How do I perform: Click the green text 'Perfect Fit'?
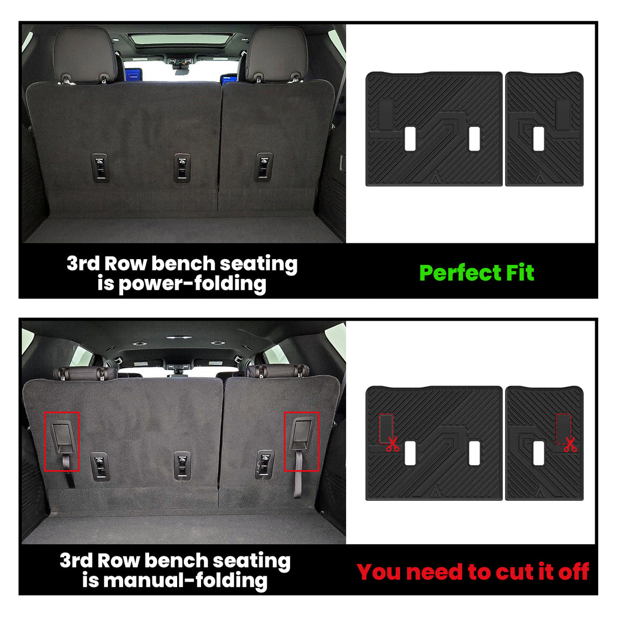tap(476, 273)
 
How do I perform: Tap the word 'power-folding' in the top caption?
tap(192, 284)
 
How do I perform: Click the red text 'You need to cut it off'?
tap(473, 572)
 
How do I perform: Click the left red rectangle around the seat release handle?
tap(62, 441)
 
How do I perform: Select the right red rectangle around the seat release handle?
tap(301, 441)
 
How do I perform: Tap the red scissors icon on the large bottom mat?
tap(392, 444)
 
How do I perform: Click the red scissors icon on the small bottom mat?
tap(570, 444)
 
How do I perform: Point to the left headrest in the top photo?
tap(85, 53)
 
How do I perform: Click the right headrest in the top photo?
tap(277, 53)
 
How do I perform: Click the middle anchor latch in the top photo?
tap(182, 167)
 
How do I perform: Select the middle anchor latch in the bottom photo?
tap(182, 465)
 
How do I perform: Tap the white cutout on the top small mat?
tap(539, 138)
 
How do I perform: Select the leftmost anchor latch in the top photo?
tap(101, 167)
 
